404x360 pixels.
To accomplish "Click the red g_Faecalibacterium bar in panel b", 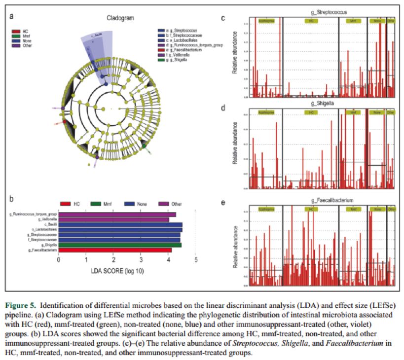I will click(x=114, y=251).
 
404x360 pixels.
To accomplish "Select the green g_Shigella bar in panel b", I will click(x=120, y=245).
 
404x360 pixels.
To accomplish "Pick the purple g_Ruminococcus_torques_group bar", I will click(x=117, y=215).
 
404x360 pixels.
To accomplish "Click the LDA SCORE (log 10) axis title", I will click(x=117, y=271).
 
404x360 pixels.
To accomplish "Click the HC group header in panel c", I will click(x=310, y=21).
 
